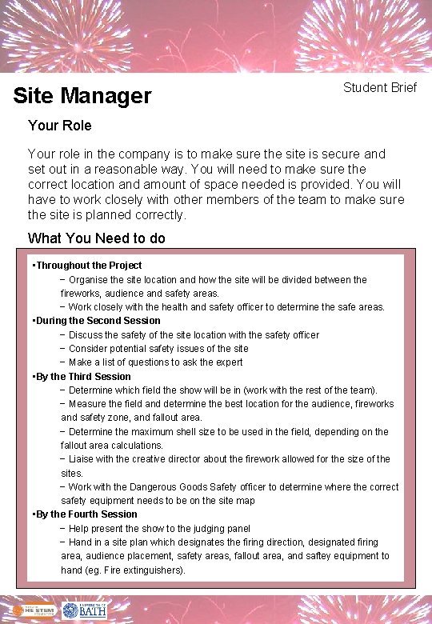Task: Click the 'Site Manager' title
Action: pyautogui.click(x=82, y=96)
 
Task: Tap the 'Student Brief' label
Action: pyautogui.click(x=380, y=87)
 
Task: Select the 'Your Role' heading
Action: pyautogui.click(x=59, y=126)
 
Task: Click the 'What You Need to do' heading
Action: pyautogui.click(x=97, y=238)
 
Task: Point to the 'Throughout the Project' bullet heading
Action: pyautogui.click(x=89, y=266)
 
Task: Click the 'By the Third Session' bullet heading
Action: pyautogui.click(x=83, y=376)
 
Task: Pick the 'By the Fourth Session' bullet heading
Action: pyautogui.click(x=86, y=514)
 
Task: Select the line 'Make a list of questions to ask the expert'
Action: pyautogui.click(x=155, y=362)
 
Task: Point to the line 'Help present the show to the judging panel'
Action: pyautogui.click(x=159, y=528)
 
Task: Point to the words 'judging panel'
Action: pyautogui.click(x=221, y=528)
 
